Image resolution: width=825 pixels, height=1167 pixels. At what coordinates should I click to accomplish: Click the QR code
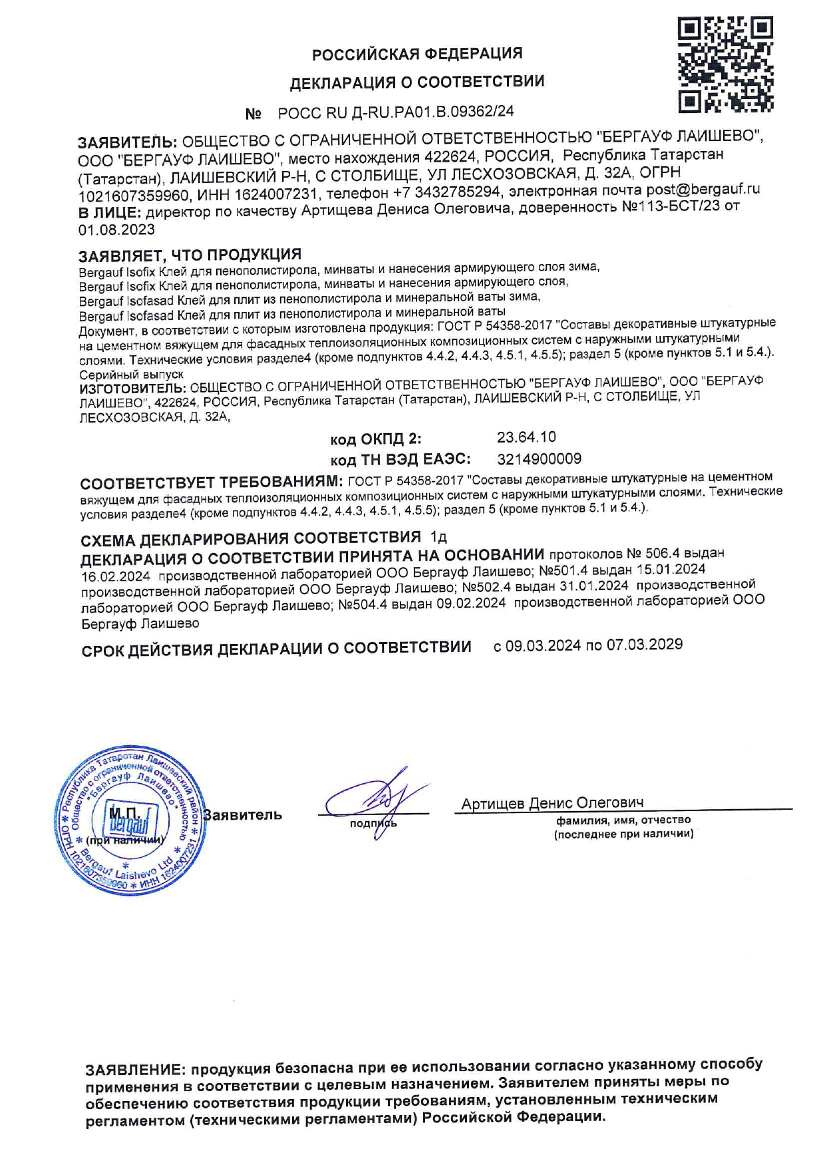coord(725,65)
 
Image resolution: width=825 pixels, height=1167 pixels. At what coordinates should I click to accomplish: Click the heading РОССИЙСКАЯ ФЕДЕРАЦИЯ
coord(417,53)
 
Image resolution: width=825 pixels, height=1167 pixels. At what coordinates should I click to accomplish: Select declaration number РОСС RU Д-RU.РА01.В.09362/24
coord(396,112)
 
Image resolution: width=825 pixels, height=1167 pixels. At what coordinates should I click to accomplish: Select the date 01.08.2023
coord(116,230)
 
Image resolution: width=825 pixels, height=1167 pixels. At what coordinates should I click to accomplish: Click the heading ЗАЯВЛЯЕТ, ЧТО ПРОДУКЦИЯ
coord(190,255)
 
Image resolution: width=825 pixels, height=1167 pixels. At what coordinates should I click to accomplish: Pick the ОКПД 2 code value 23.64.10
coord(526,437)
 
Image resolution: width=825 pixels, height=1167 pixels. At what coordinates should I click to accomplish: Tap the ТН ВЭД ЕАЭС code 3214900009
coord(539,458)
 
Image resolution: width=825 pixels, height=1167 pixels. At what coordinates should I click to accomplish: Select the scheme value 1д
coord(438,536)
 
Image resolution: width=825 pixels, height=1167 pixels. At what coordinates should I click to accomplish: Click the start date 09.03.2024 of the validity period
coord(543,645)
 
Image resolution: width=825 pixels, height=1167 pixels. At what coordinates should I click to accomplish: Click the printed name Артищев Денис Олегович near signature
coord(552,803)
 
